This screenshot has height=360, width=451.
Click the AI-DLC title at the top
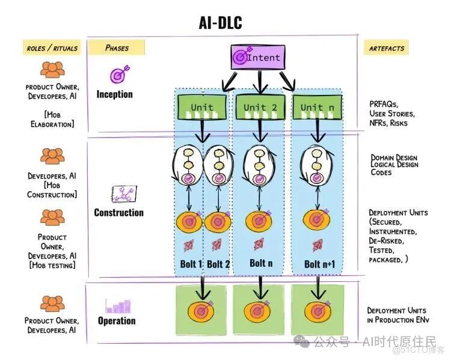click(220, 23)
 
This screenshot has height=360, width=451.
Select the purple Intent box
click(257, 58)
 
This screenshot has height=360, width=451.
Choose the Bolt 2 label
click(219, 264)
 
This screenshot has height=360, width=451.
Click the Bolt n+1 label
click(320, 264)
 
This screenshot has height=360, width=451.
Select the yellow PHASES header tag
click(117, 47)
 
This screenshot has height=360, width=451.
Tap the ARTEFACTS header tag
click(388, 47)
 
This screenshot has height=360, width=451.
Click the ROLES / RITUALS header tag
click(52, 47)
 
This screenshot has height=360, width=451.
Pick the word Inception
click(114, 94)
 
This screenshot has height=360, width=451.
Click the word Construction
click(118, 213)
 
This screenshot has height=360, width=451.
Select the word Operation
click(117, 321)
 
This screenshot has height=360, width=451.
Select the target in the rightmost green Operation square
click(317, 311)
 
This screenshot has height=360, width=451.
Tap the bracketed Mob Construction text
click(52, 190)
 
